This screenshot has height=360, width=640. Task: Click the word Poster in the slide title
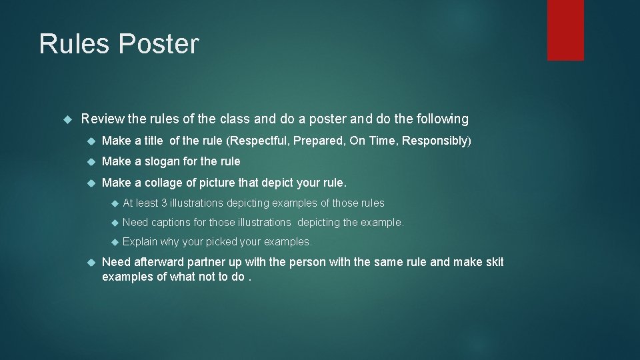pyautogui.click(x=158, y=45)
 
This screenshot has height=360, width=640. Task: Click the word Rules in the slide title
pyautogui.click(x=75, y=45)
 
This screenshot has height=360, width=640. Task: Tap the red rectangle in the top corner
pyautogui.click(x=565, y=30)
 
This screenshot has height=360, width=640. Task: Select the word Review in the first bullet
pyautogui.click(x=103, y=119)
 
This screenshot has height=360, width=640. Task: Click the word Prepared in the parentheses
pyautogui.click(x=318, y=141)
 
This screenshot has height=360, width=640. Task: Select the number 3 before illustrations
pyautogui.click(x=164, y=203)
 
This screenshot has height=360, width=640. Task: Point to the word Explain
pyautogui.click(x=140, y=241)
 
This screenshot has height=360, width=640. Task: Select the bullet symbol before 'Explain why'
pyautogui.click(x=113, y=241)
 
